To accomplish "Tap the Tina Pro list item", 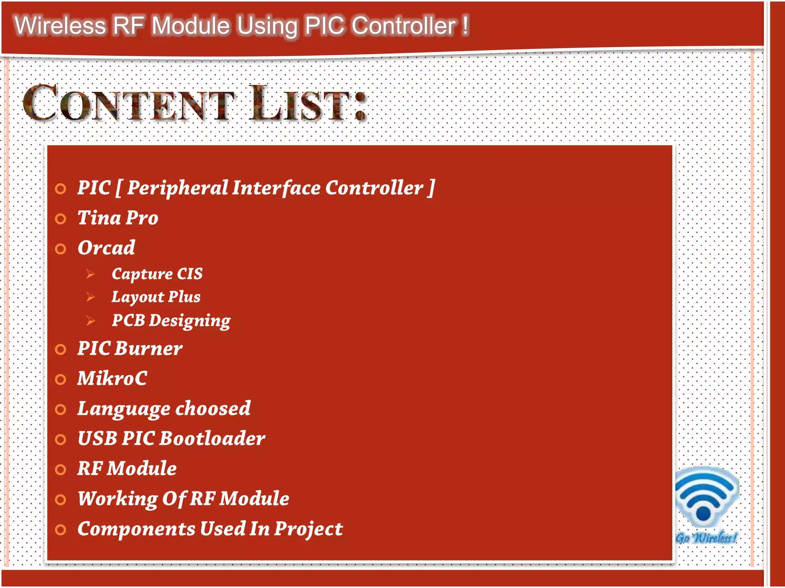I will (118, 218).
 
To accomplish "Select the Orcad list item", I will (106, 248).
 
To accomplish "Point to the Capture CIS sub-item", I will (157, 274).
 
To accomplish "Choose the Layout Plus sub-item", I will (156, 297).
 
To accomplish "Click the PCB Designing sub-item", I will (171, 320).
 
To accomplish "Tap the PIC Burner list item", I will (130, 349).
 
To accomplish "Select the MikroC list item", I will (112, 379).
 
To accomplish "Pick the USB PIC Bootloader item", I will (171, 439).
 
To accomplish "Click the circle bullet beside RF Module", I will (61, 469).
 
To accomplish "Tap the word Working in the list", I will (117, 499).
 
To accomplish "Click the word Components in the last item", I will (136, 529).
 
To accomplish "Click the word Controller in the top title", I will (404, 26).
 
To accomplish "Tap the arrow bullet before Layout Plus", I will (90, 297).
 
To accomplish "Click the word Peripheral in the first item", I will (177, 188).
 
